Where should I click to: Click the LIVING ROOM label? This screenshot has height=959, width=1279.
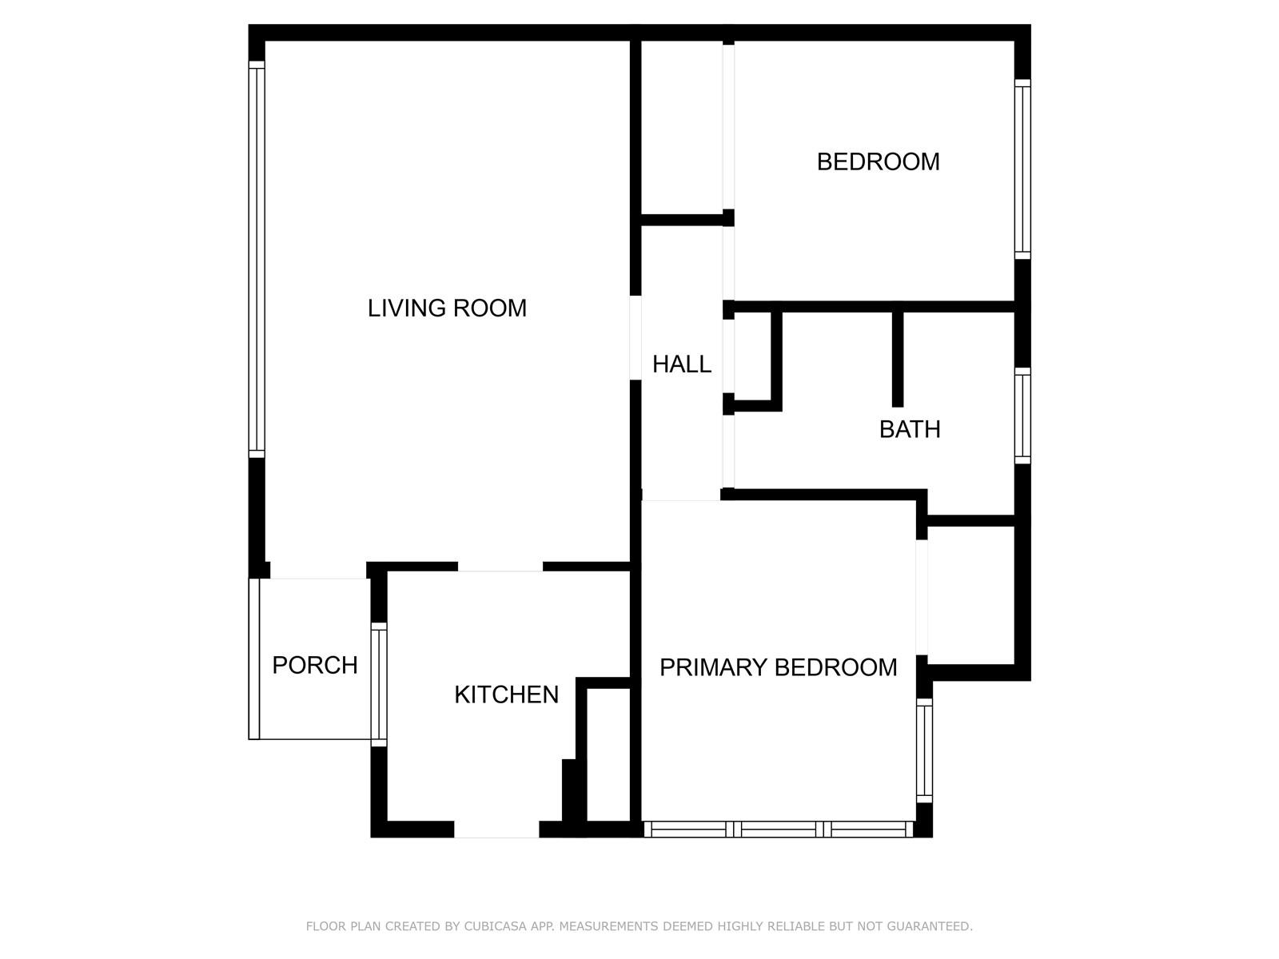[x=447, y=308]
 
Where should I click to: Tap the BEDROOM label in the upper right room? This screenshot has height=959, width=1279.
[x=878, y=162]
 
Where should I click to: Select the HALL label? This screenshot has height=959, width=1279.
[x=682, y=364]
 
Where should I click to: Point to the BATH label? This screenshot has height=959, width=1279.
[x=910, y=430]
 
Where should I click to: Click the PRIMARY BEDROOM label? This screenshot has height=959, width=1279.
[x=779, y=667]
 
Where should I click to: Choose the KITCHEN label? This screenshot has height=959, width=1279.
[x=506, y=694]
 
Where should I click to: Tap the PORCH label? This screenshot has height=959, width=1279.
[x=315, y=666]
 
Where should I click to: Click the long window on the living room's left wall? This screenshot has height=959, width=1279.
[x=257, y=260]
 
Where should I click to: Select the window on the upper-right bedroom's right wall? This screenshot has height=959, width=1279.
[x=1022, y=169]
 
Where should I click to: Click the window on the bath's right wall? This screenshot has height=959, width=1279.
[x=1022, y=416]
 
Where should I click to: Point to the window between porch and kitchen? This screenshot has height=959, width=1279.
[x=379, y=684]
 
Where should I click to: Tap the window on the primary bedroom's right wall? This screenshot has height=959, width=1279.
[x=925, y=750]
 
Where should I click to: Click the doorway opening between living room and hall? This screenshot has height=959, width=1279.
[x=636, y=338]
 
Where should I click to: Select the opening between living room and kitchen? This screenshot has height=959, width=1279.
[x=500, y=567]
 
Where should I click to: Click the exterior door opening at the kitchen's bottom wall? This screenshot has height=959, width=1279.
[x=496, y=830]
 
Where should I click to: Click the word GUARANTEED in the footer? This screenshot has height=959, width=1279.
[x=930, y=925]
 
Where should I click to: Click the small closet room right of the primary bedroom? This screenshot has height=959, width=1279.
[x=970, y=595]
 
